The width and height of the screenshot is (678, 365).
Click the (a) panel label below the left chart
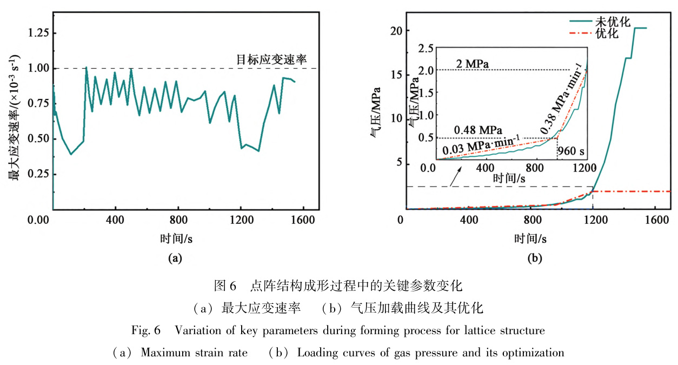(x=175, y=258)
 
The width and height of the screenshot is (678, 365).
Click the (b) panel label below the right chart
(x=535, y=258)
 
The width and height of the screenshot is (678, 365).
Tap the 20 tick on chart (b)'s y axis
(x=394, y=30)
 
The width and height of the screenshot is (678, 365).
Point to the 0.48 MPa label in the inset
(x=478, y=130)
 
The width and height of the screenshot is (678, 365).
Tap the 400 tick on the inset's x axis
(x=487, y=168)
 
